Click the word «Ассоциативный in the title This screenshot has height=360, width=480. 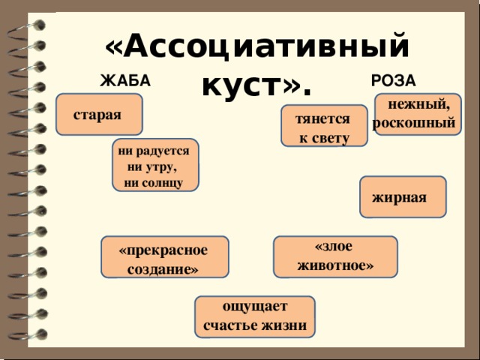[x=257, y=46]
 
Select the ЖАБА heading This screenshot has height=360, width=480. [x=125, y=81]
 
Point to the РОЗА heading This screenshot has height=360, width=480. [x=393, y=81]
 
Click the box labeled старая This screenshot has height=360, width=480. [x=99, y=114]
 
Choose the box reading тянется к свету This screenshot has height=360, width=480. [x=324, y=126]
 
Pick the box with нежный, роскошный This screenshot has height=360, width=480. [x=418, y=114]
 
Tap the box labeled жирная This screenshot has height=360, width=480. [x=403, y=196]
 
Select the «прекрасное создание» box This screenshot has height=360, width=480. [x=165, y=256]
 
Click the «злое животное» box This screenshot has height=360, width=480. [x=335, y=256]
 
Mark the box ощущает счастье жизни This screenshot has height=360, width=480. [x=255, y=316]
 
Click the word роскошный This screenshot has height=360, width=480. [x=414, y=123]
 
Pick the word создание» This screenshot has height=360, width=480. [x=163, y=270]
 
